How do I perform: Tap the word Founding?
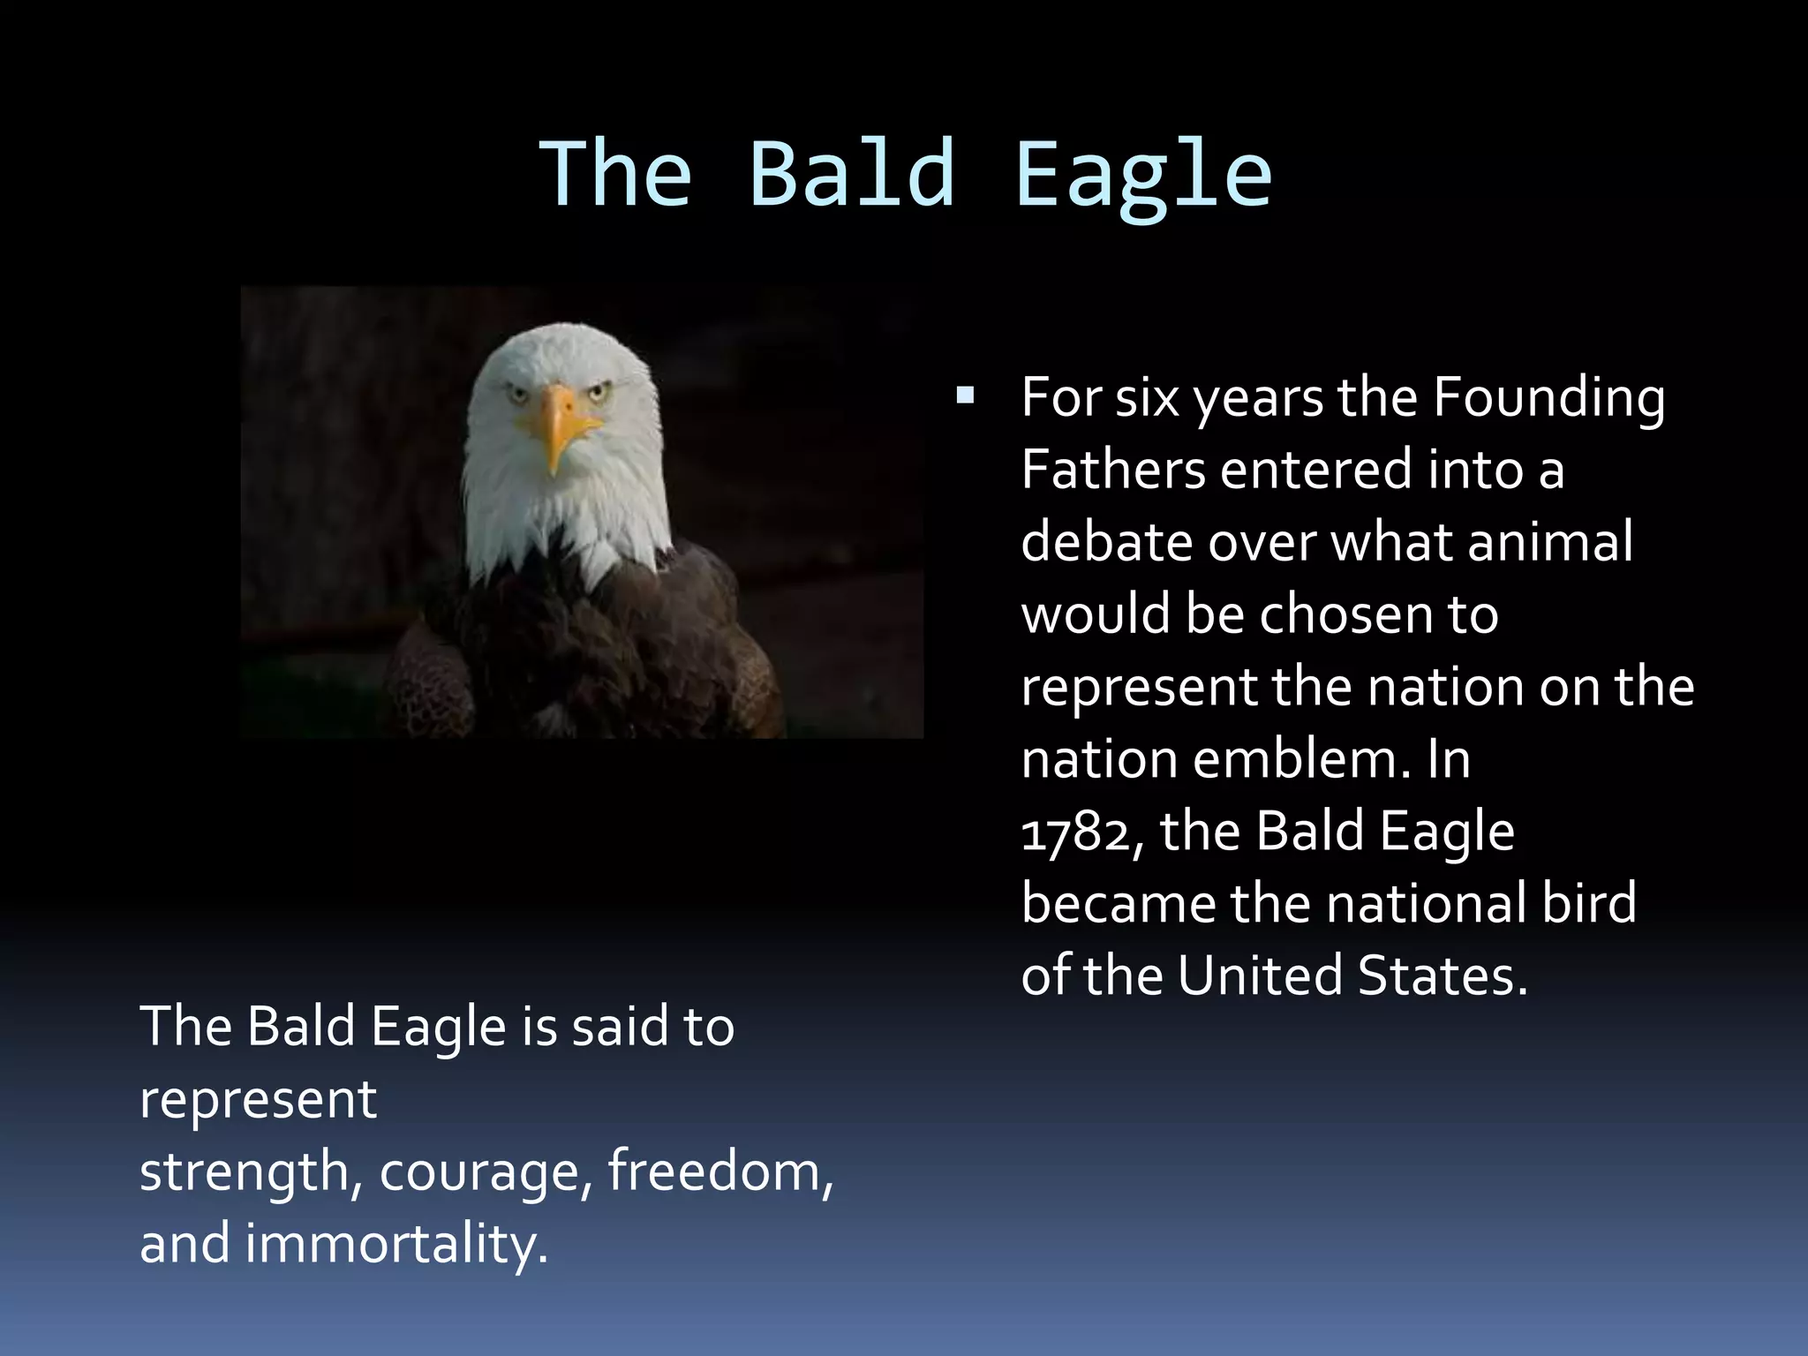1548,397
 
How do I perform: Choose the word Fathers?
1113,470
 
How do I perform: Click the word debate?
1107,541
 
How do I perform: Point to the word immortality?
396,1243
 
